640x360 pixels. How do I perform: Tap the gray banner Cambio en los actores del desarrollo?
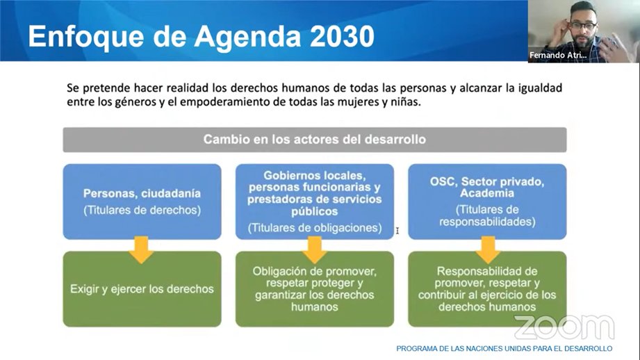[x=314, y=140]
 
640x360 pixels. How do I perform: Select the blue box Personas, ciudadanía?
[x=142, y=202]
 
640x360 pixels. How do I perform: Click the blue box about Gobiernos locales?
[x=314, y=202]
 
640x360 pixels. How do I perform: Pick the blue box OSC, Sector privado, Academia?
[x=486, y=202]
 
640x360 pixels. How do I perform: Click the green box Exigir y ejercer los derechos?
[x=142, y=288]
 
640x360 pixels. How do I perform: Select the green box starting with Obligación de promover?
[x=314, y=288]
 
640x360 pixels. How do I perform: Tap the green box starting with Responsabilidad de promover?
[x=486, y=288]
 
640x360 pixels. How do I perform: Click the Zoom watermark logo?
[x=564, y=327]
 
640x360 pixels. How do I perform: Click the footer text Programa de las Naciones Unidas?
[x=504, y=348]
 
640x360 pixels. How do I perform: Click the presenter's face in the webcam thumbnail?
[x=580, y=27]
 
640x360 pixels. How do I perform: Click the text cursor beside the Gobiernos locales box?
[x=397, y=230]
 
